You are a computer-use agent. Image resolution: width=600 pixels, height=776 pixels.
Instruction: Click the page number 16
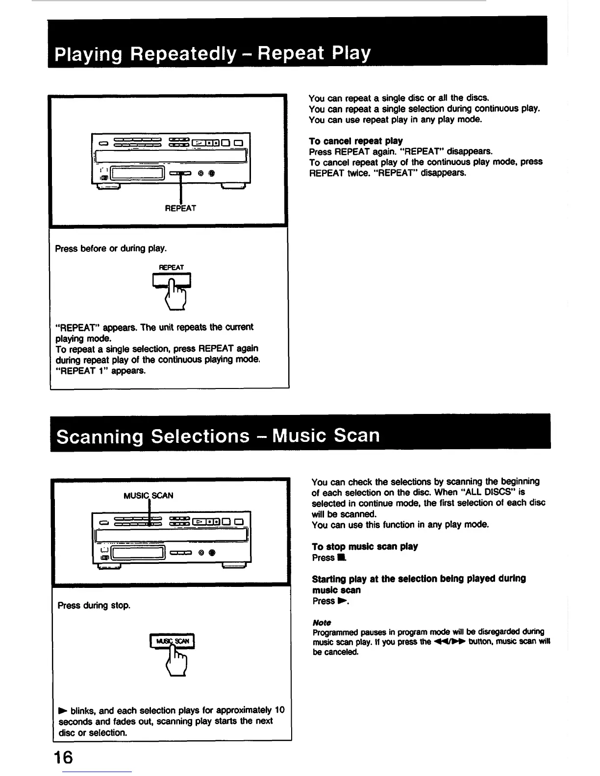pyautogui.click(x=64, y=757)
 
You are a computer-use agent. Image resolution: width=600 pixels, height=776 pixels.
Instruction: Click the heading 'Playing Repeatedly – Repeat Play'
pyautogui.click(x=213, y=53)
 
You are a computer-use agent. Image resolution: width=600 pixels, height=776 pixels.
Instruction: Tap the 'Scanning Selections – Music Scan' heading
pyautogui.click(x=218, y=436)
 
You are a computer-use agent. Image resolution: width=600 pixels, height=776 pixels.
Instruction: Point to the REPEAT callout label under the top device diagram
pyautogui.click(x=180, y=208)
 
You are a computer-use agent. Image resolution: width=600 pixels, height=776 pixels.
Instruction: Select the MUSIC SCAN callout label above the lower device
pyautogui.click(x=148, y=495)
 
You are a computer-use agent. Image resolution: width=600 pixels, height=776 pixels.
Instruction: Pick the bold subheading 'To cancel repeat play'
pyautogui.click(x=356, y=141)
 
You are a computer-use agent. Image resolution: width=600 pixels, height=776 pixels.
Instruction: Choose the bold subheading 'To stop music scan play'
pyautogui.click(x=365, y=546)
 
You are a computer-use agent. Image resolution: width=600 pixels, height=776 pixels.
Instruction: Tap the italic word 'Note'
pyautogui.click(x=322, y=622)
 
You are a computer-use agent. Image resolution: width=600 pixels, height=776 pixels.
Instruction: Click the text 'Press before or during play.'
pyautogui.click(x=111, y=248)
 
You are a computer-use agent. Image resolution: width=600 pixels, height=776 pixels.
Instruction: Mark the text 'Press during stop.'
pyautogui.click(x=94, y=606)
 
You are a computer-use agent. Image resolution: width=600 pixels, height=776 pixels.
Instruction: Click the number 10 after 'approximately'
pyautogui.click(x=279, y=710)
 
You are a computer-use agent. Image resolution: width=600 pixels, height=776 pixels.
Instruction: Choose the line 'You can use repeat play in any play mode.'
pyautogui.click(x=396, y=120)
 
